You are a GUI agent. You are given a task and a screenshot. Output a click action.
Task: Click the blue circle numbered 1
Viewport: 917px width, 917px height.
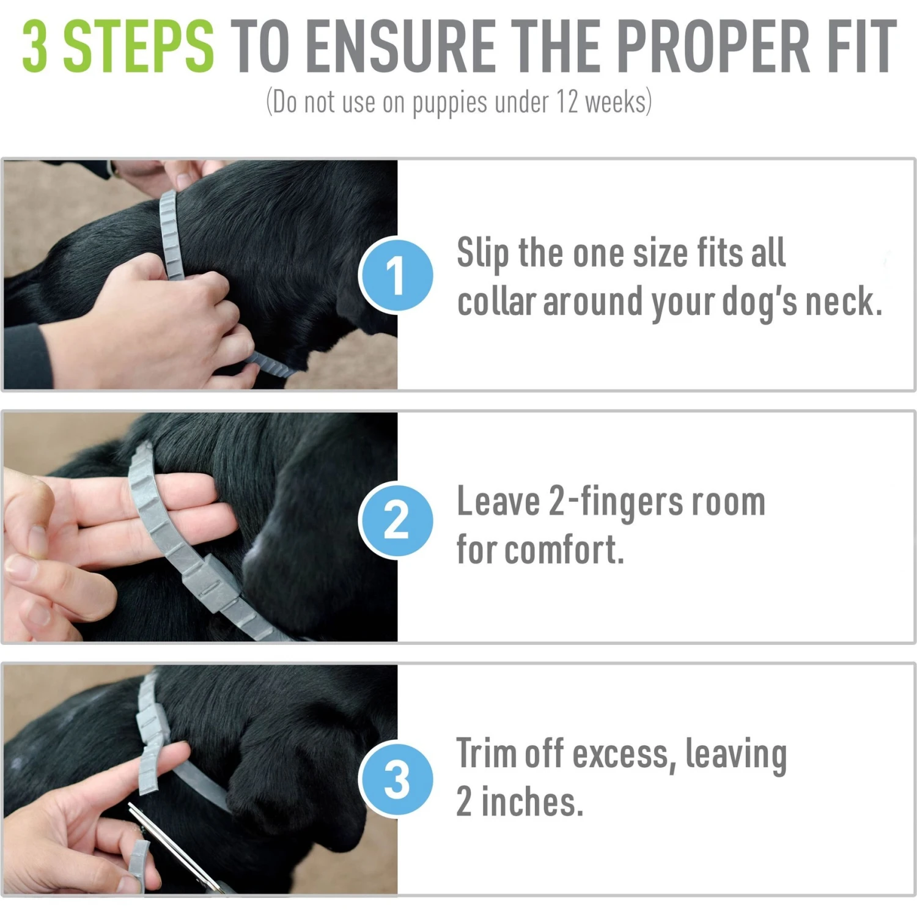[x=396, y=275]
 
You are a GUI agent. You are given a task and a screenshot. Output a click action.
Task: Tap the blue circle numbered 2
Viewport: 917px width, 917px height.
[x=396, y=521]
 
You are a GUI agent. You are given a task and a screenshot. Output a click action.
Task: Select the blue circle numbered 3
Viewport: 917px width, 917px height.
[x=396, y=779]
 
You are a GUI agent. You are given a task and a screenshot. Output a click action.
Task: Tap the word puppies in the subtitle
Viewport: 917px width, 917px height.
[x=450, y=103]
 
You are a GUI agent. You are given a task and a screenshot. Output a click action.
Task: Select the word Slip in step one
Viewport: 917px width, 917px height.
[x=482, y=253]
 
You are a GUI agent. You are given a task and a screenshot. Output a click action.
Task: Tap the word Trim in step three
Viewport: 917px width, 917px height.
[x=485, y=753]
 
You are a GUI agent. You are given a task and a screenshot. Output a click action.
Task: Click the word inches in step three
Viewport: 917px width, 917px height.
[x=532, y=802]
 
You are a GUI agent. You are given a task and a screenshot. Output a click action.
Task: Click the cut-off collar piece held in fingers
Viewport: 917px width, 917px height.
[x=138, y=862]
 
